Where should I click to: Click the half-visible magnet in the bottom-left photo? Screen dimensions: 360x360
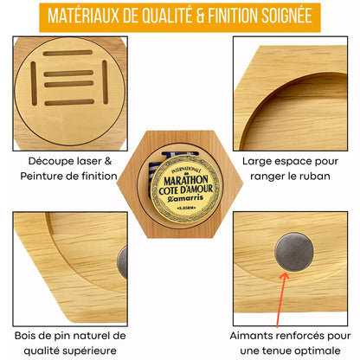123,260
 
